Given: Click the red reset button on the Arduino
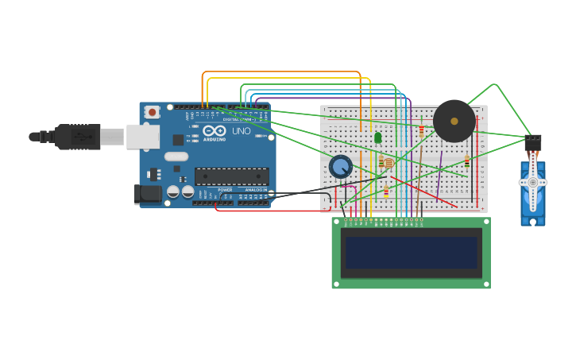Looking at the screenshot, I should (151, 114).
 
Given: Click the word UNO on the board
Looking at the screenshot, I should (241, 131).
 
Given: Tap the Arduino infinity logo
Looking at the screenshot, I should (215, 130).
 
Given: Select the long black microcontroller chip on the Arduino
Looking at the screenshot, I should (231, 176).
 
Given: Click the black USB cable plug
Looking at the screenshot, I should (78, 137).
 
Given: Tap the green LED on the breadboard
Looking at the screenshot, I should (378, 137).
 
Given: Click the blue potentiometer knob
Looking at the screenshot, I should (341, 166).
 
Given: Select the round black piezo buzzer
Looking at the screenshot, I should (454, 121).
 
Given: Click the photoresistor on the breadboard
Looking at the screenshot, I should (388, 163).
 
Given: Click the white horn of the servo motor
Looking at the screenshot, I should (532, 183).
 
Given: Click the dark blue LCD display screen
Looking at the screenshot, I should (411, 253).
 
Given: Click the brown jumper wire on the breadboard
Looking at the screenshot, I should (419, 191).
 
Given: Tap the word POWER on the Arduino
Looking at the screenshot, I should (226, 190).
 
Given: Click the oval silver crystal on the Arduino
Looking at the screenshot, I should (176, 157).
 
